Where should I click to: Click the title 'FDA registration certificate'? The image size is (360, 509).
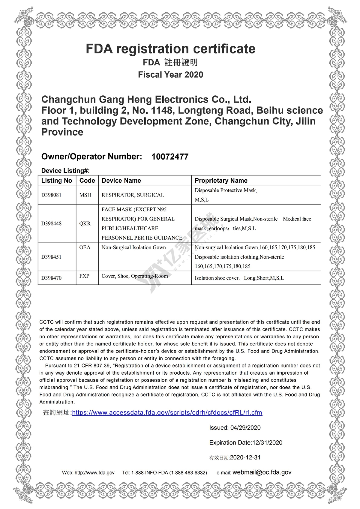click(170, 49)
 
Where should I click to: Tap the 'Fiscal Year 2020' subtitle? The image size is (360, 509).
click(170, 75)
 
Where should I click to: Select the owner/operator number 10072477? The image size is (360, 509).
click(170, 157)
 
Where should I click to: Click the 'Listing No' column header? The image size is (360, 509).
click(57, 181)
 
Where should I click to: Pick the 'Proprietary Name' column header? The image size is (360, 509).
click(221, 181)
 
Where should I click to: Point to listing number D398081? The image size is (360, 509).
click(51, 195)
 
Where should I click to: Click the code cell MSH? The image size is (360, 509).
click(85, 195)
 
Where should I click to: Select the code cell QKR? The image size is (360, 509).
click(85, 223)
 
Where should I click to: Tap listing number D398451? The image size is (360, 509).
click(51, 257)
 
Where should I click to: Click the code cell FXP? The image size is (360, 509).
click(84, 276)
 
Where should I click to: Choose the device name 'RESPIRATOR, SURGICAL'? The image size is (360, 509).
click(133, 195)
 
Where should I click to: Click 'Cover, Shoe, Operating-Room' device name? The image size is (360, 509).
click(135, 276)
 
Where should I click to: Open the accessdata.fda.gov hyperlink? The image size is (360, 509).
click(167, 413)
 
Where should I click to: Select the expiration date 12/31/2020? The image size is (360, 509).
click(267, 443)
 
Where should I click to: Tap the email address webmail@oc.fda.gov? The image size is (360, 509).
click(262, 472)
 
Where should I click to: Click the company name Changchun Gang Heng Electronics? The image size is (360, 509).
click(146, 99)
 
